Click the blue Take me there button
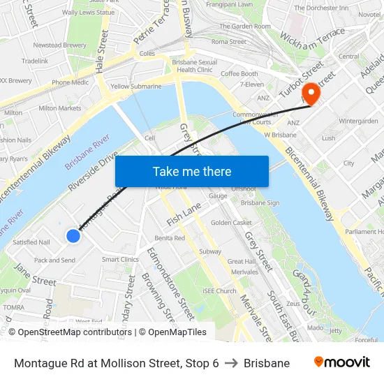pos(191,171)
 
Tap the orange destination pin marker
pos(308,93)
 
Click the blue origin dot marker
pos(73,236)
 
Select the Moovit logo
pos(341,362)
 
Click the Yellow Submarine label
pos(135,87)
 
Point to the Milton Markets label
pos(59,108)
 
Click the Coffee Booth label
pos(239,74)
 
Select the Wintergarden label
pos(357,120)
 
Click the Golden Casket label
pos(231,223)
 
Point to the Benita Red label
pos(170,238)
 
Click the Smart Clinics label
pos(120,259)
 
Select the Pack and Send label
pos(54,260)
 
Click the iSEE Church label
pos(219,291)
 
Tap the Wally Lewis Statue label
pos(88,13)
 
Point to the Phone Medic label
pos(70,82)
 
